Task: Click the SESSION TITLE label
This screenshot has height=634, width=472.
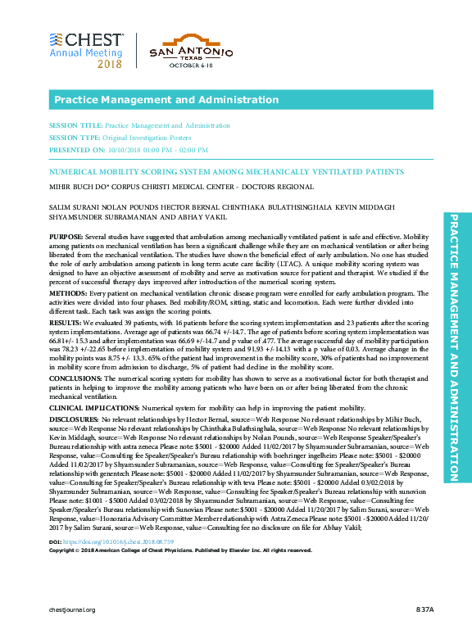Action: [x=76, y=126]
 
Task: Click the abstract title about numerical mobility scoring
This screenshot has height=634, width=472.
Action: [x=215, y=174]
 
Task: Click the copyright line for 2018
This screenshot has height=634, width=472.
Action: [x=181, y=550]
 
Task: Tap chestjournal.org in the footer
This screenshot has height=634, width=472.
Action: [x=73, y=610]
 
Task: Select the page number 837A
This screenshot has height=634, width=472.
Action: [x=424, y=610]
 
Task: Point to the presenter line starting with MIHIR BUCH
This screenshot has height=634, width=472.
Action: [x=167, y=186]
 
